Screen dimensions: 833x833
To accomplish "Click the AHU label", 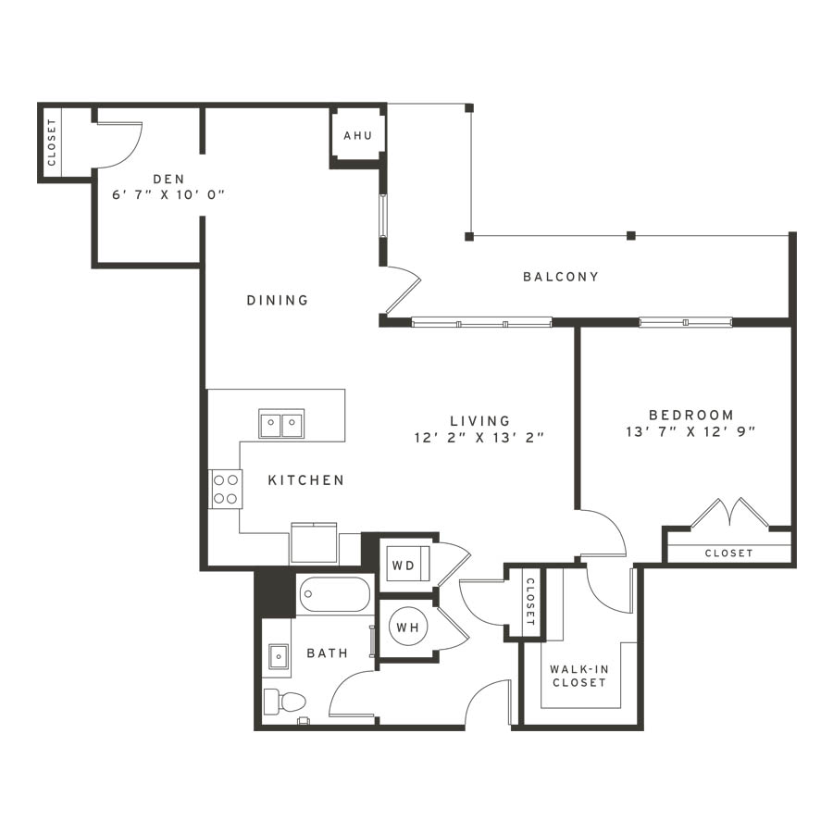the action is tap(357, 135).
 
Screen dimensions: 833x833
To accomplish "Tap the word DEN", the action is tap(169, 179).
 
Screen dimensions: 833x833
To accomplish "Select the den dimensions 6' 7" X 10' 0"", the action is tap(168, 195).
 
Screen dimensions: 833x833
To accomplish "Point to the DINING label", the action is tap(278, 300).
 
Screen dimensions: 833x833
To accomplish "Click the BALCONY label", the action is tap(561, 277).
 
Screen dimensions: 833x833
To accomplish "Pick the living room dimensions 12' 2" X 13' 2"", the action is tap(479, 438).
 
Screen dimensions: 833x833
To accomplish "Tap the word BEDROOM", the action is tap(691, 415).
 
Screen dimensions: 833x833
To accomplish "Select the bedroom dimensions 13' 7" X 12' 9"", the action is tap(690, 432).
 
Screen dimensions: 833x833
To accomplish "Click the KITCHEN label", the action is tap(306, 480).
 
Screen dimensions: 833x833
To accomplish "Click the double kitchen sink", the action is tap(281, 423).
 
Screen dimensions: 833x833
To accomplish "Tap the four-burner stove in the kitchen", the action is tap(225, 490).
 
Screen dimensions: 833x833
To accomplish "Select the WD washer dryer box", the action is tap(407, 565).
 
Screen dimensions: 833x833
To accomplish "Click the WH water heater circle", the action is tap(408, 628).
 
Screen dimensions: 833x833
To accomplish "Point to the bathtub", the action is tap(334, 595).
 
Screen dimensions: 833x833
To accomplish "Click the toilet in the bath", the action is tap(285, 702).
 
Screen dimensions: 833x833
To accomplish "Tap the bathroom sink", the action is tap(278, 656).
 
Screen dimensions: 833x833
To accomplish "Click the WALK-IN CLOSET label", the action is tap(579, 676).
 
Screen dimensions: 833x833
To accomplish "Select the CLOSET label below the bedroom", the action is tap(729, 553).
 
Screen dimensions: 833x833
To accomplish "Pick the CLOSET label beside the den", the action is tap(52, 142).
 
